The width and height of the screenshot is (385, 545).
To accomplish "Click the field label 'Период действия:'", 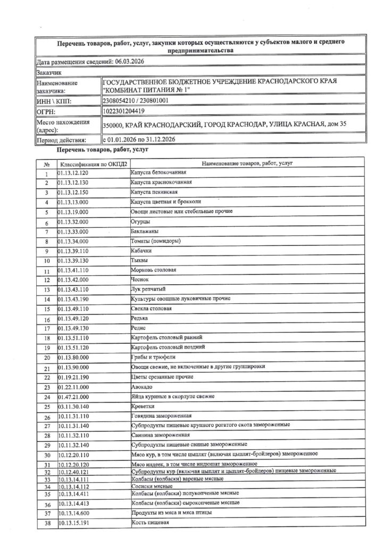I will tap(61, 140).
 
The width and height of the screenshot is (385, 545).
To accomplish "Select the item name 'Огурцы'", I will tap(140, 221).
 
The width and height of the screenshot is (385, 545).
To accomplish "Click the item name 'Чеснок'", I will tap(141, 279).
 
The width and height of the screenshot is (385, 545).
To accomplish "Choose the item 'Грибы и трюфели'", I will tap(153, 357).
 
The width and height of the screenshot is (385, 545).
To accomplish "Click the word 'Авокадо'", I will tap(142, 386).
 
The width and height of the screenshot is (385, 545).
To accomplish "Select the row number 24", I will tap(47, 398).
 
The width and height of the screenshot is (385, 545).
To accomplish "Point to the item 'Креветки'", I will tap(143, 407).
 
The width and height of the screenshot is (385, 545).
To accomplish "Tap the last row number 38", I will tap(47, 524).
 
